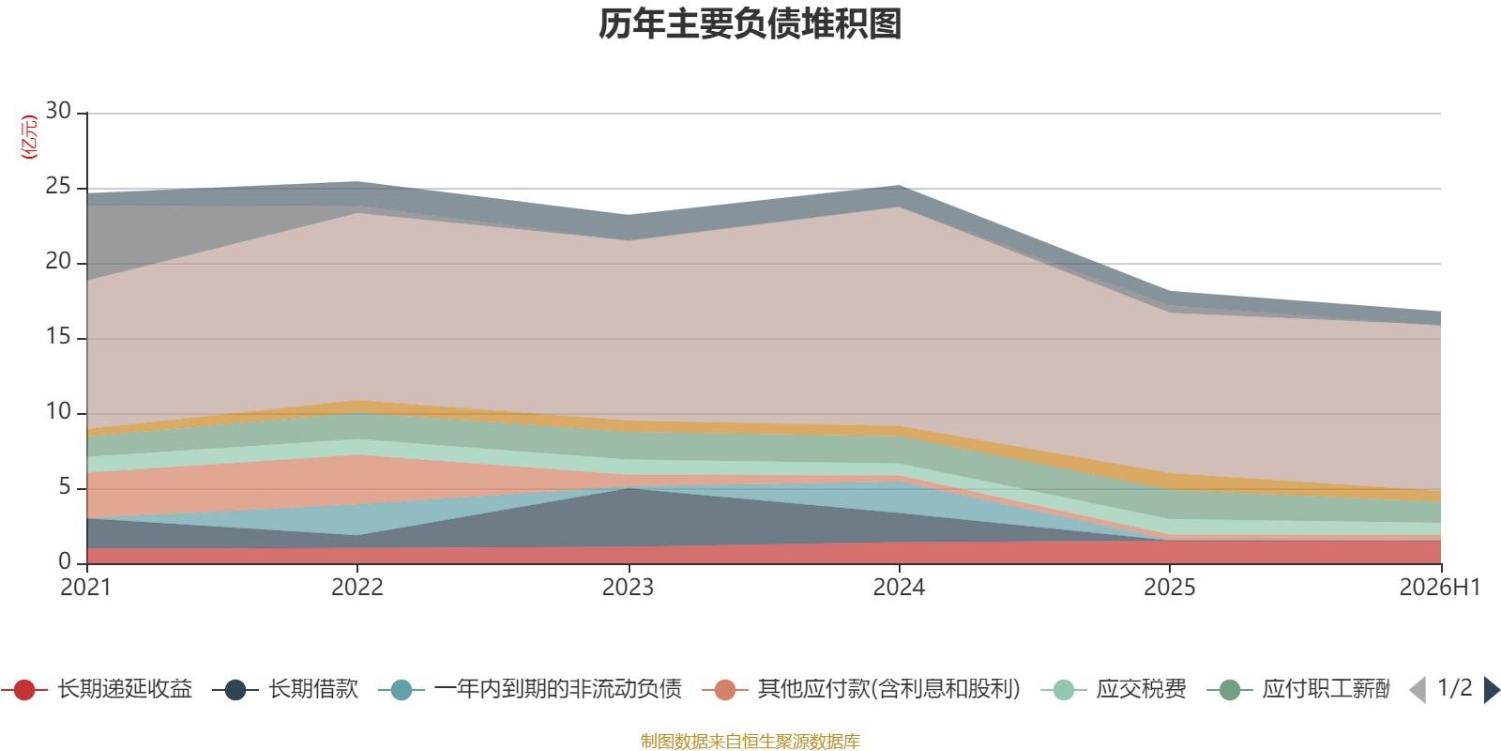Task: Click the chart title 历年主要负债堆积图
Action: (750, 24)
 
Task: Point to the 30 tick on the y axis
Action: (58, 111)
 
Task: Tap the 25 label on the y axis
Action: (58, 187)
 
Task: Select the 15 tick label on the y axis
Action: (58, 337)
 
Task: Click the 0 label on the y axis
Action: (65, 561)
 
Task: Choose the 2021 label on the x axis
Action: (85, 588)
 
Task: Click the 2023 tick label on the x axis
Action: (628, 588)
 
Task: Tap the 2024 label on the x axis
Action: (899, 588)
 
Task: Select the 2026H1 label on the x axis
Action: (1440, 588)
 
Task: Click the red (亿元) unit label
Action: (29, 137)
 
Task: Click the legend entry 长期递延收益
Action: (97, 689)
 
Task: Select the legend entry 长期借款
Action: (285, 689)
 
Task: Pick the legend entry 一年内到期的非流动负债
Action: (530, 689)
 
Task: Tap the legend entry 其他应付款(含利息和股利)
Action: (862, 689)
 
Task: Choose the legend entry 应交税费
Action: (1114, 689)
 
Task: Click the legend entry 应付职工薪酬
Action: (1298, 689)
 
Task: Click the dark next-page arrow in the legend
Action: (1492, 690)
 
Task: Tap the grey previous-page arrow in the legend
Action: (1418, 690)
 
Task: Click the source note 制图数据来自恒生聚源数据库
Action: (750, 741)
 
